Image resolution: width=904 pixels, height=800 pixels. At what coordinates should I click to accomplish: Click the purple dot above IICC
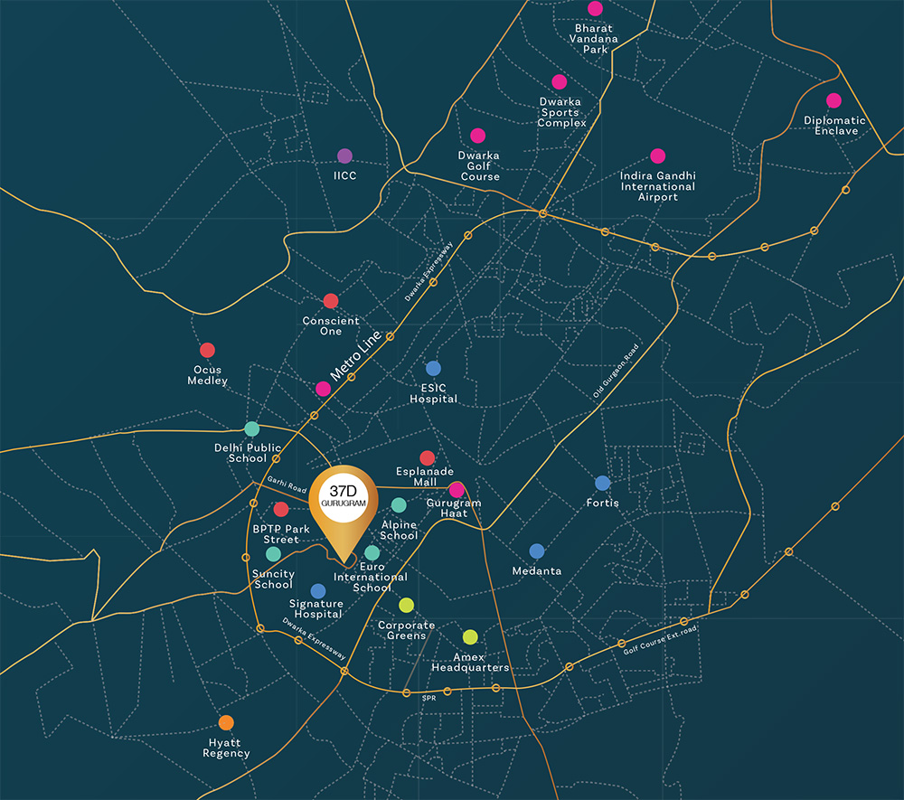point(344,155)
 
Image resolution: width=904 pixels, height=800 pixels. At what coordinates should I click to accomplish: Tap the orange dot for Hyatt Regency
point(226,722)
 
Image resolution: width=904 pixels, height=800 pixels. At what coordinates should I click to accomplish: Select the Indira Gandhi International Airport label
point(657,186)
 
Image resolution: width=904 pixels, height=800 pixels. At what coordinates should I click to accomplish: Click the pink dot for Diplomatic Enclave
point(833,100)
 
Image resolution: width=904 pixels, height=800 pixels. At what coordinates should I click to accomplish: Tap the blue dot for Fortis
point(603,483)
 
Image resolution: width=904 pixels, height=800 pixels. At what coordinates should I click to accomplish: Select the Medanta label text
point(537,570)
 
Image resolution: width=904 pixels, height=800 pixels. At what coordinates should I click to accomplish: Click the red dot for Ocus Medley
point(207,350)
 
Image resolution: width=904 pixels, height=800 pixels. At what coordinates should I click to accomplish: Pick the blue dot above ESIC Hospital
point(433,368)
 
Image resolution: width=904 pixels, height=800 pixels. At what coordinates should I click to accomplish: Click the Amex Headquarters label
point(469,663)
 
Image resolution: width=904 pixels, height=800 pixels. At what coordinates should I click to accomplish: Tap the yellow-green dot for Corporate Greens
point(407,605)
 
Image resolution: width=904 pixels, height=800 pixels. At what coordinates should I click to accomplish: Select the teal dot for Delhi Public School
point(251,428)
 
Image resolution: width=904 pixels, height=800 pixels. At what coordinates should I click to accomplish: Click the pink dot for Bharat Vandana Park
point(595,8)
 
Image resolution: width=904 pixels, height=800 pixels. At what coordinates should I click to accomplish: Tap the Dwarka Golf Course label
point(479,165)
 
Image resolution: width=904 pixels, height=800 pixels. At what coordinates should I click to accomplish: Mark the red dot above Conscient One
point(331,301)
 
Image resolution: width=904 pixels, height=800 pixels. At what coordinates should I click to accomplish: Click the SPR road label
point(428,698)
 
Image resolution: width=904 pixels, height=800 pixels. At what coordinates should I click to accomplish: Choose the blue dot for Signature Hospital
point(318,590)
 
